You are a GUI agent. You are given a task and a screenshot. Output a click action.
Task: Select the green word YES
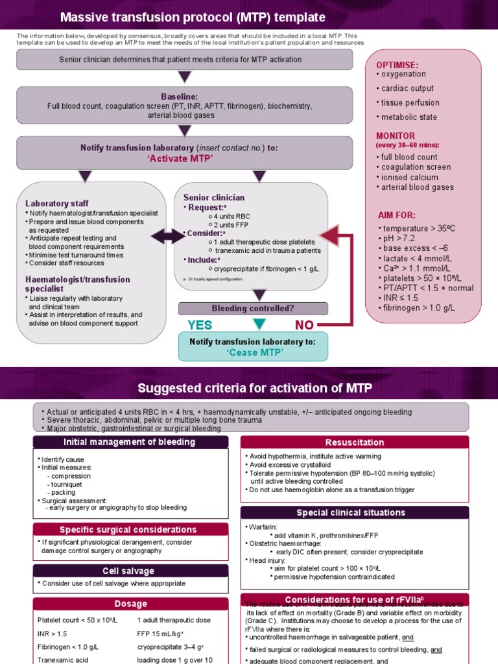click(x=200, y=325)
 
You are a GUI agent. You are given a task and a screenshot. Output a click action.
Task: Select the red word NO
click(x=309, y=325)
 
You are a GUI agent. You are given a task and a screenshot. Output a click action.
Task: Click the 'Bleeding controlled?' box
click(x=252, y=308)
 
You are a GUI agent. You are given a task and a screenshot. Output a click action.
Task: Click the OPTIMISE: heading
click(x=397, y=65)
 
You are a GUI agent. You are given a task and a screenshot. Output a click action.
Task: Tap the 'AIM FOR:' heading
click(x=397, y=215)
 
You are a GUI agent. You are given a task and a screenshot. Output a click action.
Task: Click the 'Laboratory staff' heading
click(x=57, y=203)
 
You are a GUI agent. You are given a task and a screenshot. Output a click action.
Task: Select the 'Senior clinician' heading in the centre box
click(x=214, y=197)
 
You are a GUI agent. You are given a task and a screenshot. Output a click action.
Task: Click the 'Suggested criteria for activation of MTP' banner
click(x=249, y=388)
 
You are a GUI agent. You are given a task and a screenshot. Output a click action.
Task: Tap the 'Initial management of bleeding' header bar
click(x=128, y=442)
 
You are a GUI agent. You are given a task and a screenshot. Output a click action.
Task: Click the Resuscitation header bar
click(x=354, y=442)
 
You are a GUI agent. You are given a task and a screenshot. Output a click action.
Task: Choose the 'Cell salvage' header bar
click(x=128, y=571)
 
